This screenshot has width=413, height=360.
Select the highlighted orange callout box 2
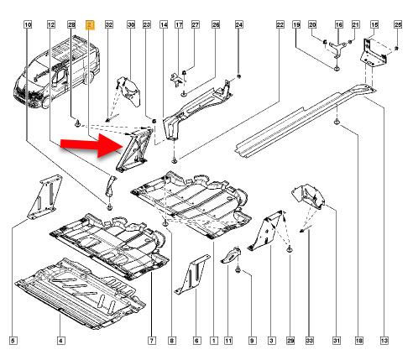coord(90,25)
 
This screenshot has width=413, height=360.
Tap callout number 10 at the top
coord(28,25)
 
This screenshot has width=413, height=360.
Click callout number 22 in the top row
coord(280,25)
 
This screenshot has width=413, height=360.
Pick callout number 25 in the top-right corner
coord(398,25)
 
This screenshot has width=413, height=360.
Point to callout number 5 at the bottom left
coord(13,341)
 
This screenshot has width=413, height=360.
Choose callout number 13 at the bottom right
coord(384,341)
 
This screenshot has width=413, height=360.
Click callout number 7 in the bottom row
coord(152,341)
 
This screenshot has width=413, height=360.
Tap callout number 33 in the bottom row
coord(310,341)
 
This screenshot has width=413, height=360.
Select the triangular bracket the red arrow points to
coord(134,149)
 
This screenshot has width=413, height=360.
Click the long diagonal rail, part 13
coord(305,120)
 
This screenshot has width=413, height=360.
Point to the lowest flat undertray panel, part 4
coord(80,294)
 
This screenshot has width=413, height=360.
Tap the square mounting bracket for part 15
coord(374,52)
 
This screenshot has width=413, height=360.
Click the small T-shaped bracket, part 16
coord(337,48)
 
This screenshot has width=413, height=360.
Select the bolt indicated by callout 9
coord(238,269)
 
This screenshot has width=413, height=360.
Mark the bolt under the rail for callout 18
coord(337,122)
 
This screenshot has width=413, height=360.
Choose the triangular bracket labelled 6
coord(192,274)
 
